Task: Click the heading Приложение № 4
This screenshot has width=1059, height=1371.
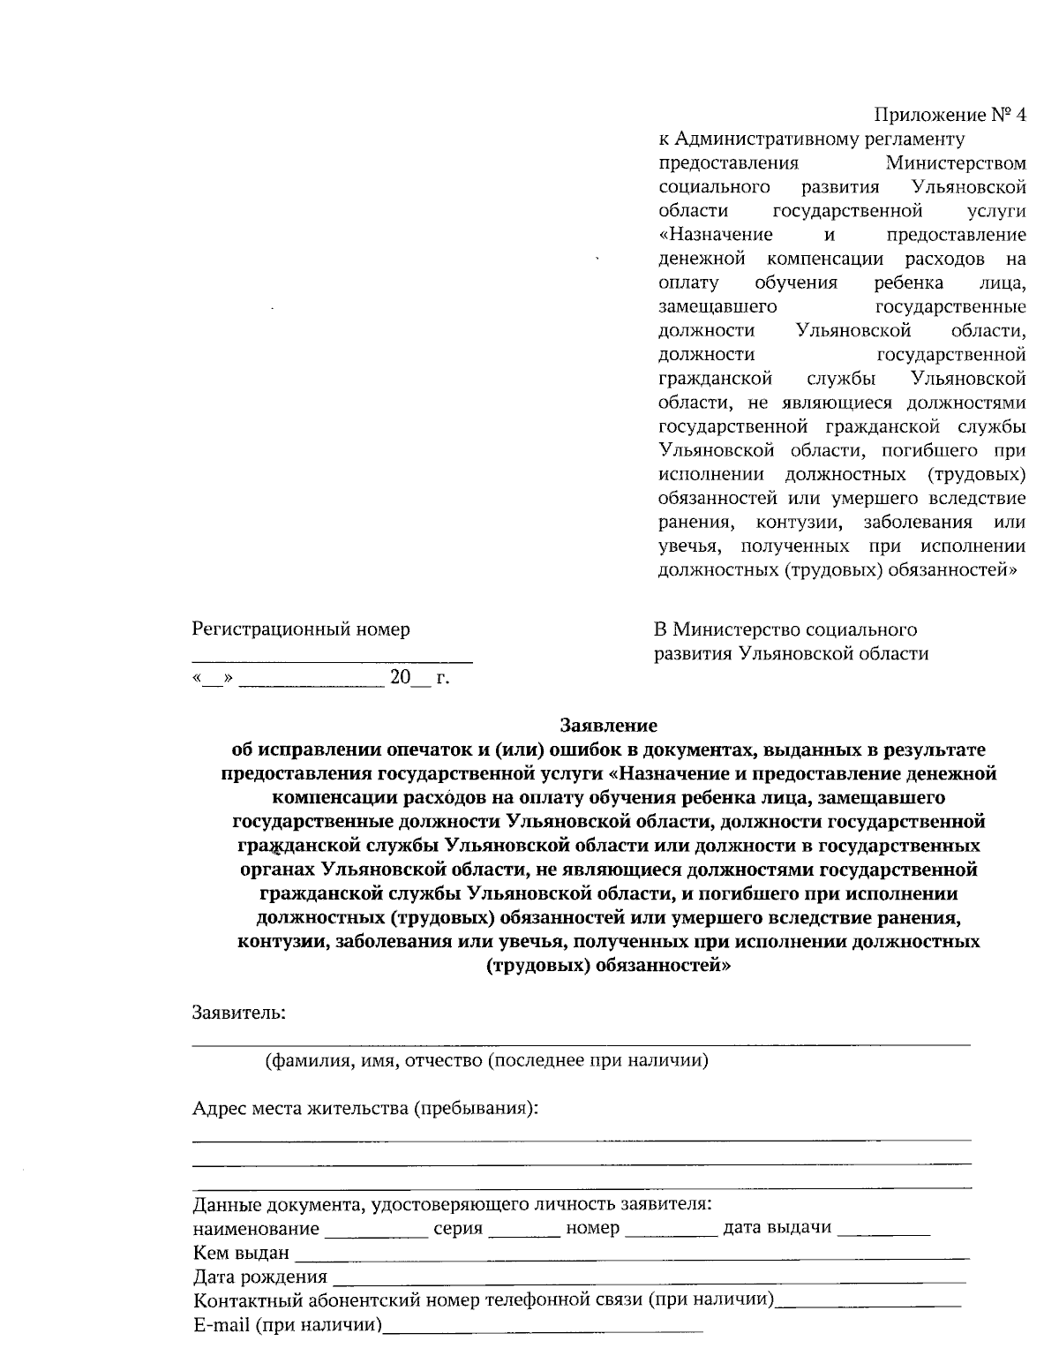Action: click(950, 116)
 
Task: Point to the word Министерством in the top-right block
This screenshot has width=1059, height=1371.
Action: click(956, 163)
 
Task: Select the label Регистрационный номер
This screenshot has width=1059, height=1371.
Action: click(301, 629)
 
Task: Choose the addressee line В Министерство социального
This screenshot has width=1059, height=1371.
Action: click(785, 629)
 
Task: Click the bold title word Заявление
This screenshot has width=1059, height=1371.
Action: click(609, 726)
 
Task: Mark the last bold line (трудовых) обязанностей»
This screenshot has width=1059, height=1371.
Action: click(608, 965)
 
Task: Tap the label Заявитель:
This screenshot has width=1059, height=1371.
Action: click(239, 1012)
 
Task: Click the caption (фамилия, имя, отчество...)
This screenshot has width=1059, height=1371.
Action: click(487, 1060)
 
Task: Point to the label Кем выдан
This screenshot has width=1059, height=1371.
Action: click(241, 1253)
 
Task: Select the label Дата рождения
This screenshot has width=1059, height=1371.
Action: click(259, 1277)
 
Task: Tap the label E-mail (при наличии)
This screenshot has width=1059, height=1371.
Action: click(288, 1325)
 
